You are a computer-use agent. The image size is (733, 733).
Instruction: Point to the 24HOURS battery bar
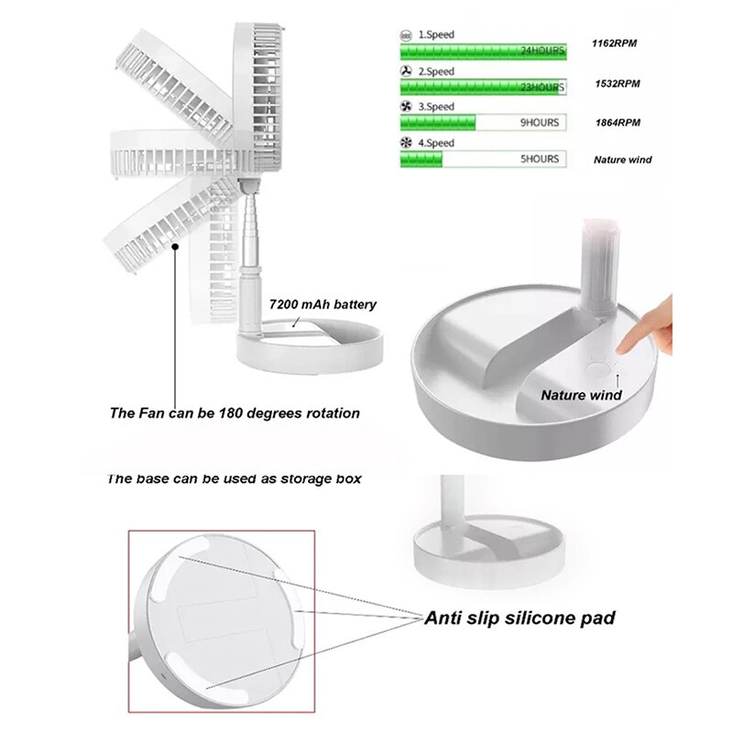click(483, 51)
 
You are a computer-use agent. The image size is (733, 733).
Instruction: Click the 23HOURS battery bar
click(483, 87)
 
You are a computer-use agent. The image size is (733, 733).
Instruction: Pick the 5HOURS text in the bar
click(539, 159)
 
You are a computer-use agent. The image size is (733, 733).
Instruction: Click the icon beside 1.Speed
click(406, 35)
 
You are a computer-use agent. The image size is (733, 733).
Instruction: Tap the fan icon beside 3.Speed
click(406, 107)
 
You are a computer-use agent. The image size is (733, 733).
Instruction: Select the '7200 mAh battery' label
click(323, 304)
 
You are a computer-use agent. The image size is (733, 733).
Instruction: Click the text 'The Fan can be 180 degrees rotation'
click(235, 413)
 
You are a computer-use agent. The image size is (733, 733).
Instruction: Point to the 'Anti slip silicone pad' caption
click(520, 618)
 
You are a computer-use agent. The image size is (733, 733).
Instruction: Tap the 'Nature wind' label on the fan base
click(581, 395)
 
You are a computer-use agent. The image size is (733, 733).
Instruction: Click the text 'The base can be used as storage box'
click(235, 478)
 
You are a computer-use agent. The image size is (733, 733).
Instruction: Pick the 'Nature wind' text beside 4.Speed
click(622, 159)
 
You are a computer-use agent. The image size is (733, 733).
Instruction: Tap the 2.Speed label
click(436, 71)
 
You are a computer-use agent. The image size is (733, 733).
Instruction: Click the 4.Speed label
click(436, 144)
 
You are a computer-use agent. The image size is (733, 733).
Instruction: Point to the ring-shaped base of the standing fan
click(309, 351)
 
